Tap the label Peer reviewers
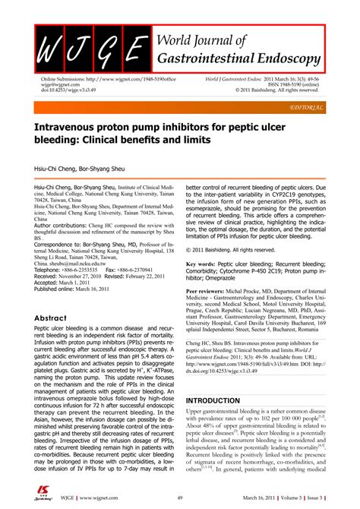tap(210, 290)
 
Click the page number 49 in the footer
tap(179, 496)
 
